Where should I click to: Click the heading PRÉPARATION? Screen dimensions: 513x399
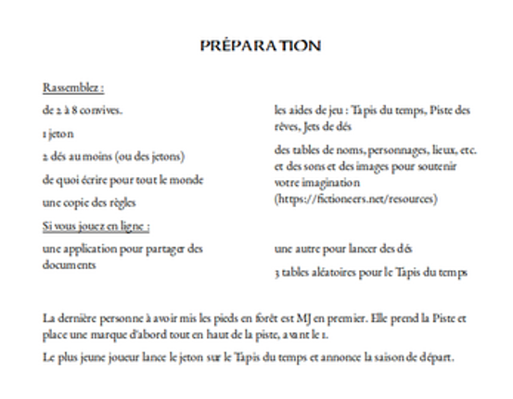(260, 45)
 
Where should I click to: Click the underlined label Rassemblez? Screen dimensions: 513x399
(72, 88)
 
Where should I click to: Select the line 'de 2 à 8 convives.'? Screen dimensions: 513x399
(83, 111)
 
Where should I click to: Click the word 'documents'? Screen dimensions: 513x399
(69, 264)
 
